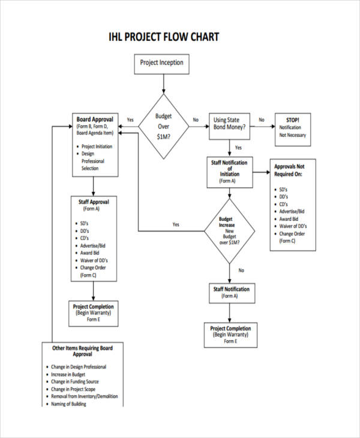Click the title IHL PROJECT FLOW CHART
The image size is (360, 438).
(x=164, y=37)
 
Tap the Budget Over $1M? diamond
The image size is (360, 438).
(x=163, y=127)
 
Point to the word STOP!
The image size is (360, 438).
(x=292, y=120)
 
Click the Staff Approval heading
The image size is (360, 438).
(x=94, y=202)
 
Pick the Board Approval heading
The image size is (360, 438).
(x=94, y=119)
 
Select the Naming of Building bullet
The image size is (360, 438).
(x=68, y=404)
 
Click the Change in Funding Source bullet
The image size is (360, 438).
(x=75, y=382)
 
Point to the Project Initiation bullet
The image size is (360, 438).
(x=97, y=146)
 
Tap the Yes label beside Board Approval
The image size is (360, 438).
(x=130, y=119)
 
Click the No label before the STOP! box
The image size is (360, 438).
(x=261, y=119)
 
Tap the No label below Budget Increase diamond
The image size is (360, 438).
(x=241, y=271)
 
